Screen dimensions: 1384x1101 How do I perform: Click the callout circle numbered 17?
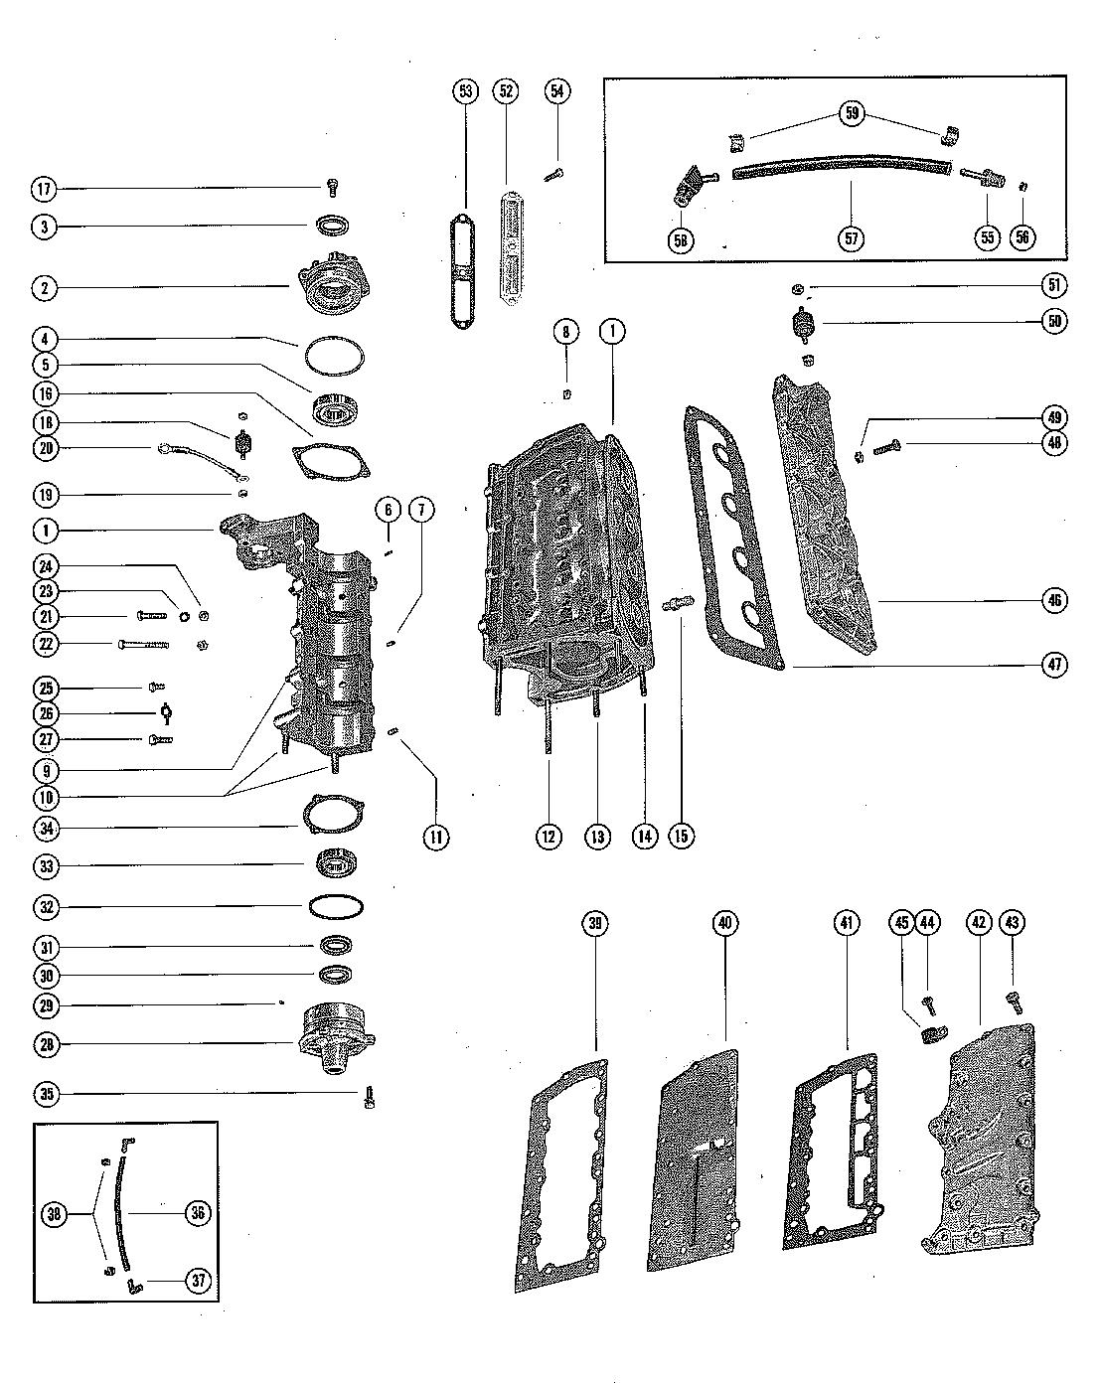click(x=44, y=189)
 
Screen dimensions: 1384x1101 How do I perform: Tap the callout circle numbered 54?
click(x=556, y=91)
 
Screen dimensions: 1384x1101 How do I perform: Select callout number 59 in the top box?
click(x=852, y=113)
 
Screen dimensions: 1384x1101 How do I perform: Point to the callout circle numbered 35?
click(x=44, y=1095)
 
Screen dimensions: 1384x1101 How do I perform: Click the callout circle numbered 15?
click(x=681, y=836)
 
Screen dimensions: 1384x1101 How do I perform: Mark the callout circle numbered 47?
click(x=1054, y=665)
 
